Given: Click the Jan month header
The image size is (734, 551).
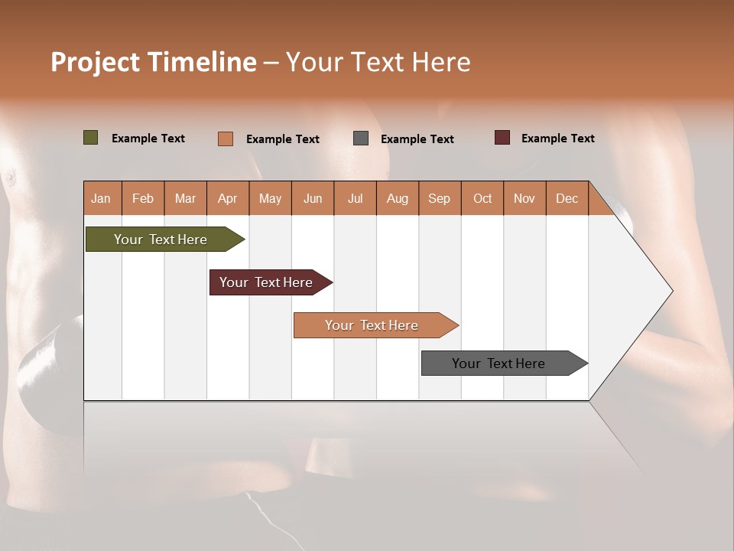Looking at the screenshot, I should pos(102,198).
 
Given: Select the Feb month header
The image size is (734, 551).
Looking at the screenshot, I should pos(143,198).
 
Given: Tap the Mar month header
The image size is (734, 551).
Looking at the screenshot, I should pos(185,198).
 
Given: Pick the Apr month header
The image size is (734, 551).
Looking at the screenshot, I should pos(228,198).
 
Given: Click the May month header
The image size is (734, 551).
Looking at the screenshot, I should pos(270,198).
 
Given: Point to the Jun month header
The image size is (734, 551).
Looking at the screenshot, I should pos(313,198).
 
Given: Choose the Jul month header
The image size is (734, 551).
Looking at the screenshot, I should pos(355,198).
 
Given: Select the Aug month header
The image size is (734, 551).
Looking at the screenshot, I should pos(398,198).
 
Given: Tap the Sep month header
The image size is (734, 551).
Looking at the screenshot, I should pos(440,198).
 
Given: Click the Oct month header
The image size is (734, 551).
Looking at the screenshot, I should pos(482,198).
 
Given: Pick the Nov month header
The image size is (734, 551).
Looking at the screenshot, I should pos(525,198).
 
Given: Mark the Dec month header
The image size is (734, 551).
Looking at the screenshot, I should pos(567,198).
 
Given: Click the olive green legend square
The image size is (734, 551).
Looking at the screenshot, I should pos(91,138).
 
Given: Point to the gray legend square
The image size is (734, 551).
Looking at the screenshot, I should pos(361,138).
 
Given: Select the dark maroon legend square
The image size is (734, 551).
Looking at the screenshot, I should pos(502,138).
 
